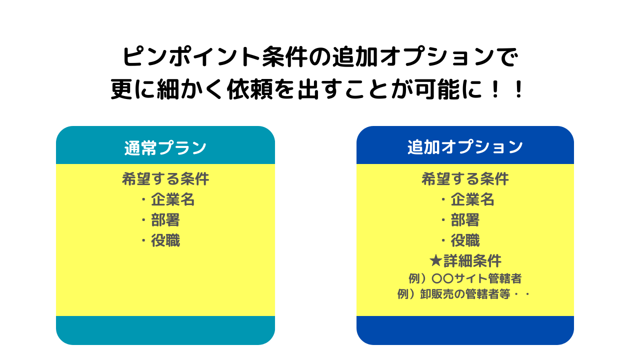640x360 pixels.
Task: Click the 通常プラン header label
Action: (x=165, y=147)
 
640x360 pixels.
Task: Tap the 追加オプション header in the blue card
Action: (x=465, y=147)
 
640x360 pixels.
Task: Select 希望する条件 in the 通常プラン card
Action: (x=165, y=179)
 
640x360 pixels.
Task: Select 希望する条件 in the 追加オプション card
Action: (x=465, y=179)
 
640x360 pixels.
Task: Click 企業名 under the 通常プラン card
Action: (x=172, y=200)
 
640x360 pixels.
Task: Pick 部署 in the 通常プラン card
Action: (x=165, y=220)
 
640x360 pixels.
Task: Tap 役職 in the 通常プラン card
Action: (x=165, y=241)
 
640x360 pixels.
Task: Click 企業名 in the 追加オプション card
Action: (x=472, y=200)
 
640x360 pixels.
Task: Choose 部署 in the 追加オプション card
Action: (x=465, y=220)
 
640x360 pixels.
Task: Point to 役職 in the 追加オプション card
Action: (x=465, y=241)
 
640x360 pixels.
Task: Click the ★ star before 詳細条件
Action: (x=435, y=261)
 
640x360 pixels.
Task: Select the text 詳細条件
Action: (x=472, y=261)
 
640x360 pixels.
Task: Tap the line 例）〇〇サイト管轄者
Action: (x=465, y=278)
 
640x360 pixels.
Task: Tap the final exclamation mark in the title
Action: (x=518, y=90)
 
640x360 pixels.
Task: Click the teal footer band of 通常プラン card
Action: (x=165, y=330)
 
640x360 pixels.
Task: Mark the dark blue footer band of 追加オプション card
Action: (x=465, y=330)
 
